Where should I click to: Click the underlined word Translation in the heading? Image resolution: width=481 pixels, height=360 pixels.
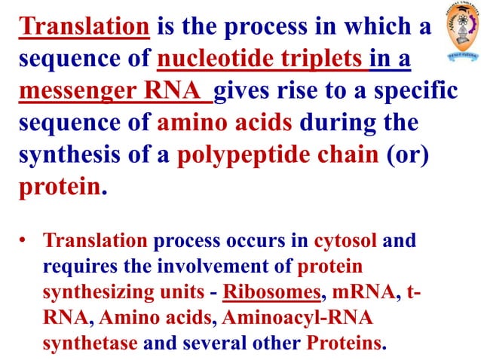click(x=84, y=28)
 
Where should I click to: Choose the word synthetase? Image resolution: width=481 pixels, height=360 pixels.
click(x=90, y=343)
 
